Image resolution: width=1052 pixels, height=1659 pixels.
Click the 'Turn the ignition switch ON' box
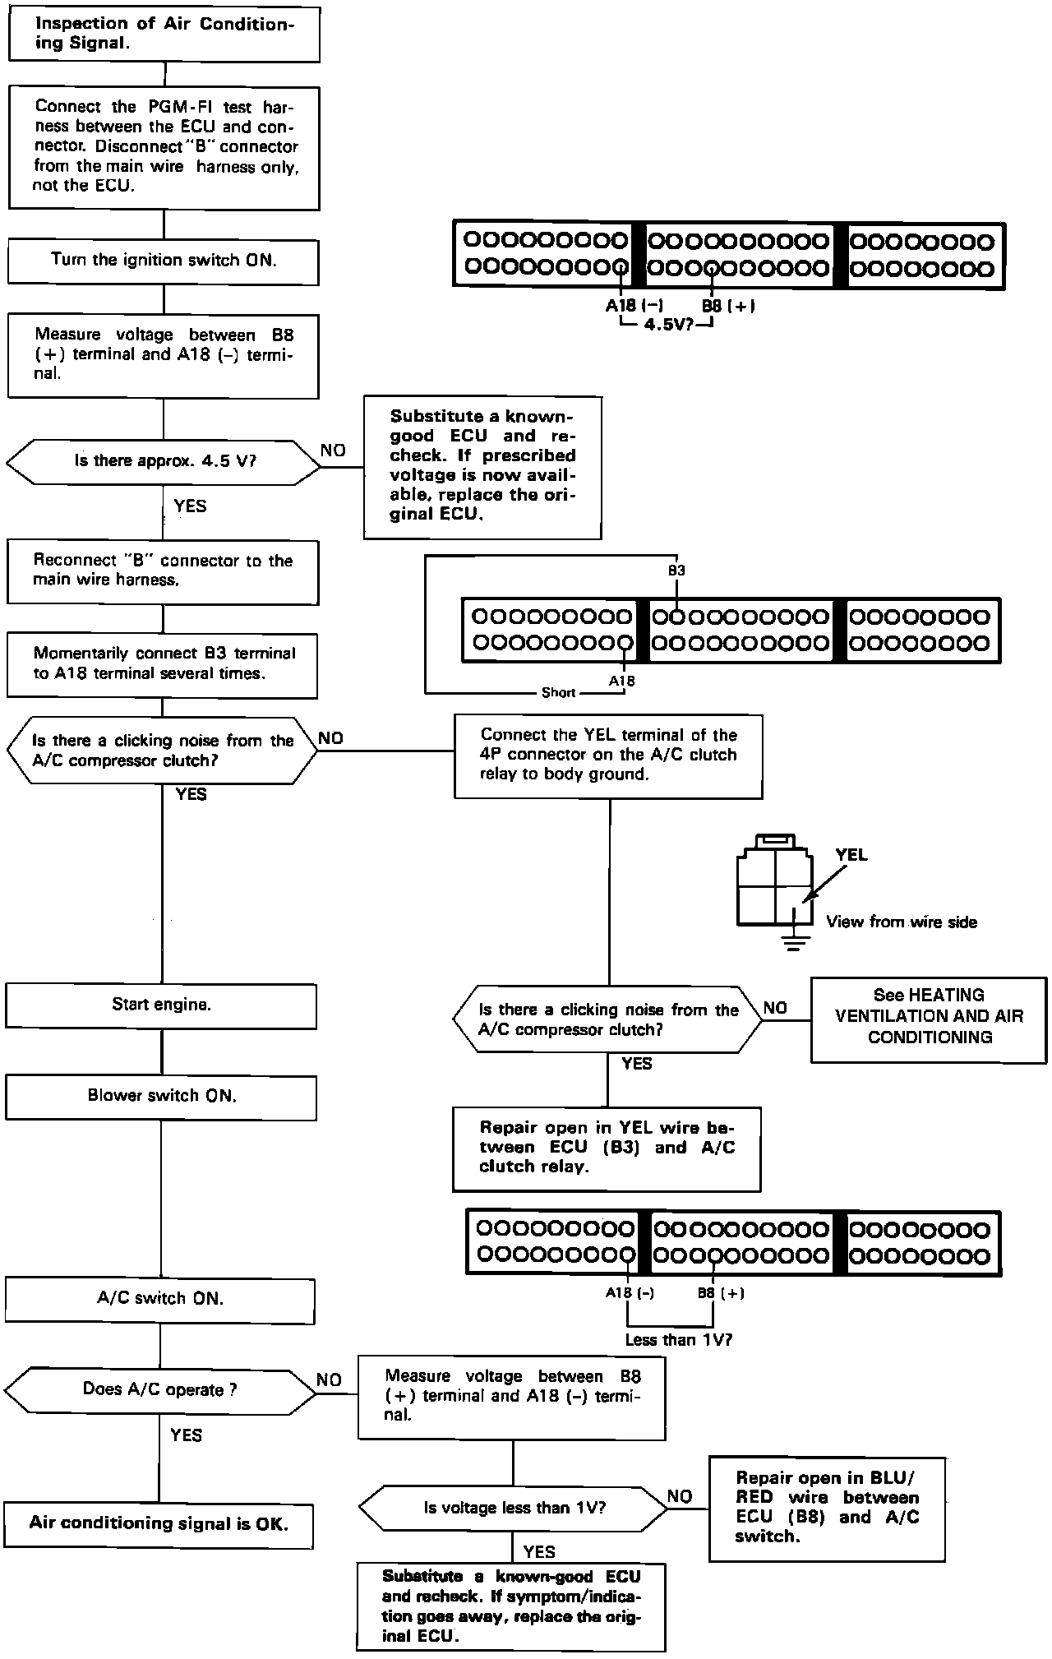[164, 261]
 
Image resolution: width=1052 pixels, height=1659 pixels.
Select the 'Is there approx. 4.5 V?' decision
[164, 461]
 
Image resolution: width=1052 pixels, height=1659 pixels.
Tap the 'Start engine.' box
[161, 1005]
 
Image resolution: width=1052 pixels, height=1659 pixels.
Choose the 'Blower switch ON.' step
[161, 1097]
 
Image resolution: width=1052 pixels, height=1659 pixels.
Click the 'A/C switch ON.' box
[160, 1300]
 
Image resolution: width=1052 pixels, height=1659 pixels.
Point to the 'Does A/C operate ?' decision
[159, 1390]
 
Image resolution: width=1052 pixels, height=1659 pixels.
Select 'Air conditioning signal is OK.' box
[159, 1523]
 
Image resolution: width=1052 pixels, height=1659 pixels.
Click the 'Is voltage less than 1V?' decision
[514, 1508]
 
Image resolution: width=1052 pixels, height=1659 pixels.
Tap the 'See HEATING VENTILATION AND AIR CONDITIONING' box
[929, 1017]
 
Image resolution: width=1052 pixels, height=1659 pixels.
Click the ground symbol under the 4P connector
[793, 941]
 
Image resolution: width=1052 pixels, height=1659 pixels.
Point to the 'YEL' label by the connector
[851, 855]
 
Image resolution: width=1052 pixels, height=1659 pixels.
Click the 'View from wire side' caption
[902, 922]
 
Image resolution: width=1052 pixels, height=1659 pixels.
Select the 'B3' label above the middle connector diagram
[676, 571]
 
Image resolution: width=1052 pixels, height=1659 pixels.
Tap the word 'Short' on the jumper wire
[558, 693]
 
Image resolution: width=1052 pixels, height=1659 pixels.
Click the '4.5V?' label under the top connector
[667, 325]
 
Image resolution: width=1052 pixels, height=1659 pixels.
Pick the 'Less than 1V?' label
[678, 1339]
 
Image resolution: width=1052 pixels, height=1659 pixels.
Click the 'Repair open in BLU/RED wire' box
[827, 1508]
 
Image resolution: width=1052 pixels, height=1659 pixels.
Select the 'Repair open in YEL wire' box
[607, 1148]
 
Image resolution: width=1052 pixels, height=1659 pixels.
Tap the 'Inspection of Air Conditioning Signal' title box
[164, 35]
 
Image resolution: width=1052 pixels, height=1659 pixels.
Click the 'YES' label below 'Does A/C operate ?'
[187, 1435]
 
